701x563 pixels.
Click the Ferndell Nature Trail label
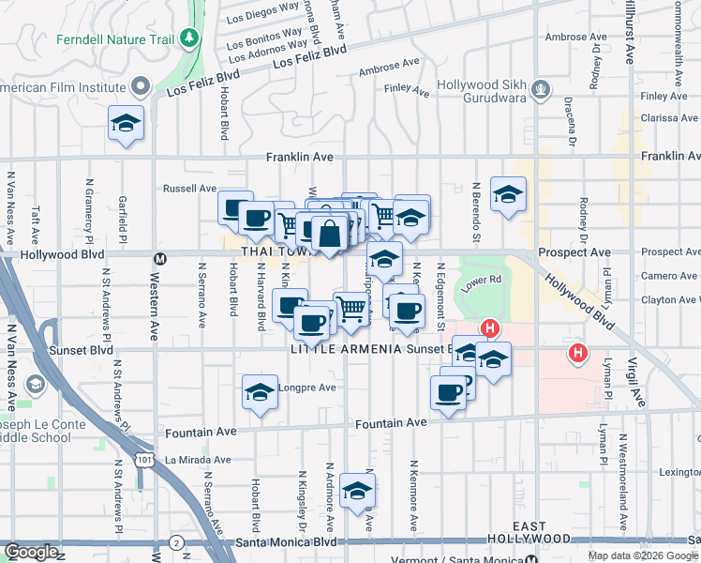pyautogui.click(x=115, y=39)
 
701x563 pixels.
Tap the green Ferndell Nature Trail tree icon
pyautogui.click(x=190, y=37)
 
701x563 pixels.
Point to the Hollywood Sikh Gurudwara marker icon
pyautogui.click(x=540, y=90)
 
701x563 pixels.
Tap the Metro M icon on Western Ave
pyautogui.click(x=160, y=257)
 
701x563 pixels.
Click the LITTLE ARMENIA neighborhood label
pyautogui.click(x=347, y=349)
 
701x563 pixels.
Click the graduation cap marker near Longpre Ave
pyautogui.click(x=260, y=392)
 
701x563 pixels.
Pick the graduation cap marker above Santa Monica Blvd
pyautogui.click(x=356, y=491)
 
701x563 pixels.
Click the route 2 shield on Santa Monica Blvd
pyautogui.click(x=177, y=542)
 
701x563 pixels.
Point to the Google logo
pyautogui.click(x=31, y=552)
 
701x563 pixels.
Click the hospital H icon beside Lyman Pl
pyautogui.click(x=578, y=353)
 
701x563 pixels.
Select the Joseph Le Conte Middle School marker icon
pyautogui.click(x=35, y=384)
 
